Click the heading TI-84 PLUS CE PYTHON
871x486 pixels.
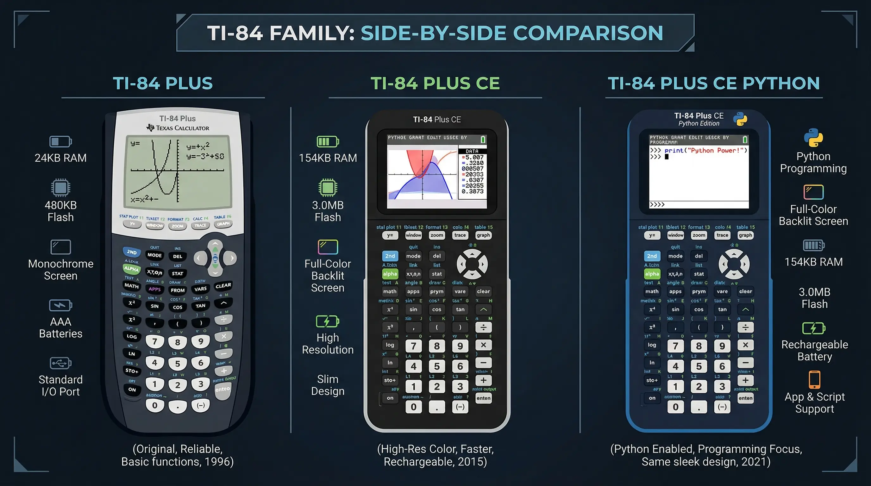point(713,84)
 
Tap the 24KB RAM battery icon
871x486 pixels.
point(60,142)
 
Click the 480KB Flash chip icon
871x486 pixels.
point(60,188)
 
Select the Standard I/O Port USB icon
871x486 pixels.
point(60,363)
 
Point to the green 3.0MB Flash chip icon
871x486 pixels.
point(328,188)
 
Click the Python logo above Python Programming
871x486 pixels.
point(813,138)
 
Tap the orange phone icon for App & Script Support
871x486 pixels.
point(814,380)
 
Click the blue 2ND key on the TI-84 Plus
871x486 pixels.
point(132,252)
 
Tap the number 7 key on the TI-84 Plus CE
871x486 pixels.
point(413,346)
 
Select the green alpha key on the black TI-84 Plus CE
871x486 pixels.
point(390,274)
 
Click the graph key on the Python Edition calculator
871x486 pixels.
point(745,235)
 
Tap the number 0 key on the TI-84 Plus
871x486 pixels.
point(154,405)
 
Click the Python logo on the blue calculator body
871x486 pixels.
point(740,119)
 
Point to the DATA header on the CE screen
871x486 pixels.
point(472,151)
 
